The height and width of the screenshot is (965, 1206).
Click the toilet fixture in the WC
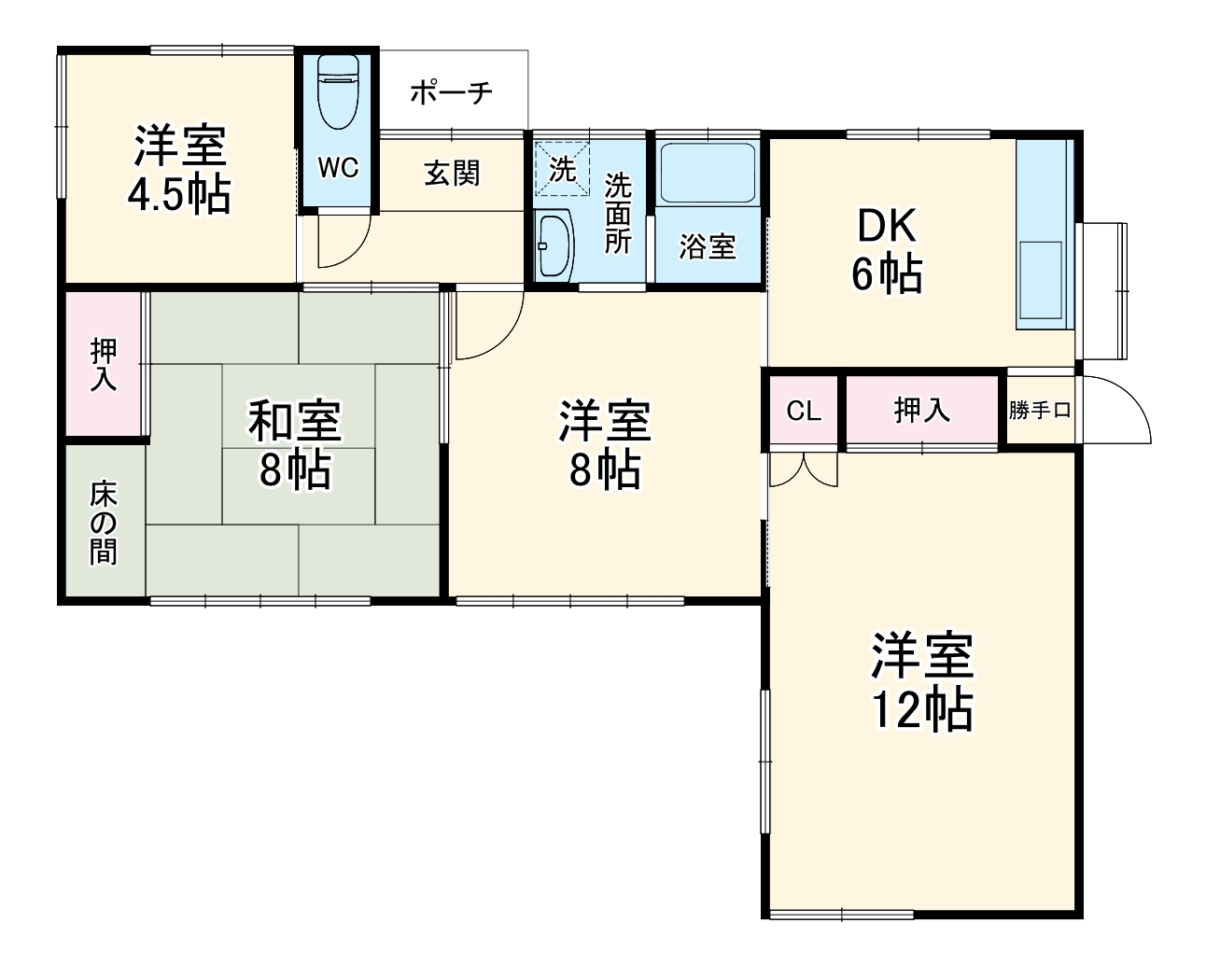pos(338,93)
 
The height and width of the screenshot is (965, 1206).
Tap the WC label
pos(337,168)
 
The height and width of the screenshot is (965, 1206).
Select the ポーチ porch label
pos(451,92)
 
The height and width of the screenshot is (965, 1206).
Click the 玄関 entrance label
pos(452,173)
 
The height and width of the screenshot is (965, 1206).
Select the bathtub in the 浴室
pos(707,173)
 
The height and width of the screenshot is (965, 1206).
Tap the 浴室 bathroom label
pos(707,246)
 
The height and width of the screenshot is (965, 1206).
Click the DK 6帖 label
pos(887,250)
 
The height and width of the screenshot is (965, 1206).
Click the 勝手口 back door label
pos(1040,411)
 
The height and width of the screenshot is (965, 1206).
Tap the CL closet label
pos(803,411)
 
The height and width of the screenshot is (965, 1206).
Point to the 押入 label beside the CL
pos(922,411)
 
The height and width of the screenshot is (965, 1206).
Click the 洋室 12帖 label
pos(922,682)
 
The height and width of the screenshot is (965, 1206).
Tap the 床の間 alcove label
pos(104,524)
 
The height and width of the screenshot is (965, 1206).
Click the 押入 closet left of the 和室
pos(104,365)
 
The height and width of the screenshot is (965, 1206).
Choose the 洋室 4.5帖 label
pos(179,169)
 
